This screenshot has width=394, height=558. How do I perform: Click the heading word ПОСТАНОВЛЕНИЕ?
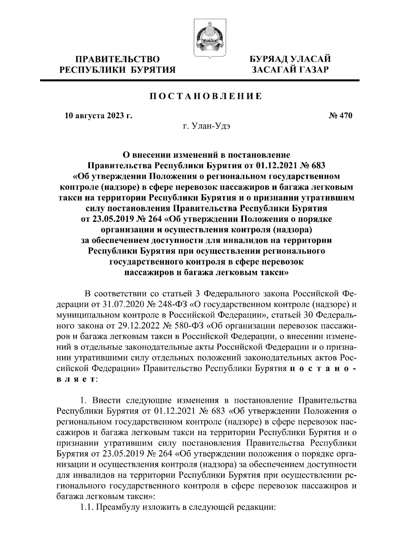coord(206,96)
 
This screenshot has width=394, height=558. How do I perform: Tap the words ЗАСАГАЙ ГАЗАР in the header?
coord(290,70)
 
